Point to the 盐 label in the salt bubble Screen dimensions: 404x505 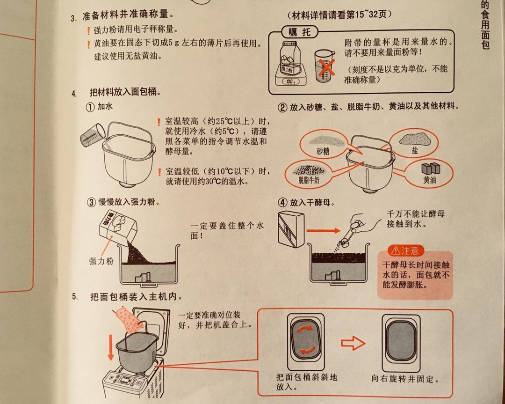415,151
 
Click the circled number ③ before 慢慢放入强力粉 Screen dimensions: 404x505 90,202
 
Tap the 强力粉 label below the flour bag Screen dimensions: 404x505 101,261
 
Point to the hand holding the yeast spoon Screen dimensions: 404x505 364,224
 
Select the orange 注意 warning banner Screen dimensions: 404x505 405,250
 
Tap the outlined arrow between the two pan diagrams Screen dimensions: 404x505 352,344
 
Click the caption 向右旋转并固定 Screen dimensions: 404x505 405,378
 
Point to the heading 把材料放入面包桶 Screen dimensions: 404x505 125,92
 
